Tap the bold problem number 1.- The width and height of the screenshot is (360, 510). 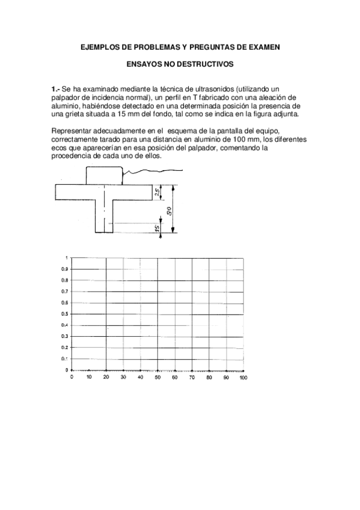pos(56,89)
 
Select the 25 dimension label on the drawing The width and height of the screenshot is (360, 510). pos(156,192)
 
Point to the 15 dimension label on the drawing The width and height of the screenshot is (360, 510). pos(156,229)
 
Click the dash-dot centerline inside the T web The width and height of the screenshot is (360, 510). pos(105,210)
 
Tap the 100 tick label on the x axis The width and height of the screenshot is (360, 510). pos(243,378)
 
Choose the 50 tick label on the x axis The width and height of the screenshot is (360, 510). pos(157,378)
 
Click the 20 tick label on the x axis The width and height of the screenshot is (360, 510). pos(106,378)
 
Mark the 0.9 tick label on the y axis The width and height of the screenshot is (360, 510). pos(64,269)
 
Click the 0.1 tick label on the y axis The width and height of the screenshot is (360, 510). pos(64,359)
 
